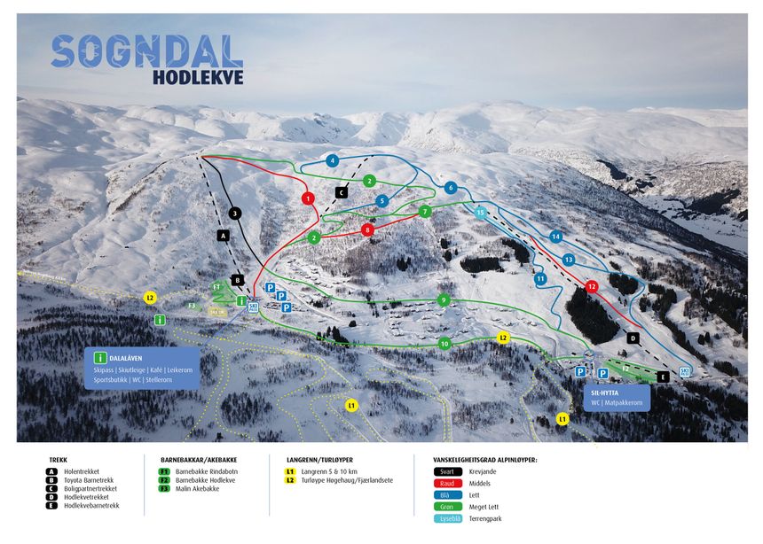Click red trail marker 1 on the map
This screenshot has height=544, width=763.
point(308,198)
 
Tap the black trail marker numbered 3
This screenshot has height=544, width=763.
point(234,214)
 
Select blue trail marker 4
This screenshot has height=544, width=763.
point(332,160)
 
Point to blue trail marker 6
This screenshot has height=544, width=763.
point(451,188)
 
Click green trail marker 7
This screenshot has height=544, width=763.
point(426,212)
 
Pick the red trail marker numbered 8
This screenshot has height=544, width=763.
point(367,230)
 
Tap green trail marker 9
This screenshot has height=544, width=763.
point(444,300)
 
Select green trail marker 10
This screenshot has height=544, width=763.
point(444,343)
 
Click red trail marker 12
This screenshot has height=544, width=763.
point(592,286)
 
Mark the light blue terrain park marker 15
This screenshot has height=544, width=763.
point(480,213)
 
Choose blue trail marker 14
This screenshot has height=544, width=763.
point(556,237)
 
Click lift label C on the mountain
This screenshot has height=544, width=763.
point(341,191)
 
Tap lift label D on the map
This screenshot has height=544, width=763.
point(633,338)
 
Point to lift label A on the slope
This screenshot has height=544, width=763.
point(223,235)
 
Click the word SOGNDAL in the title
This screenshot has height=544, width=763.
point(146,51)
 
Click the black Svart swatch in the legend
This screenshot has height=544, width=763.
point(449,473)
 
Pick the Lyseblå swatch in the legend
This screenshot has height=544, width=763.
point(449,519)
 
